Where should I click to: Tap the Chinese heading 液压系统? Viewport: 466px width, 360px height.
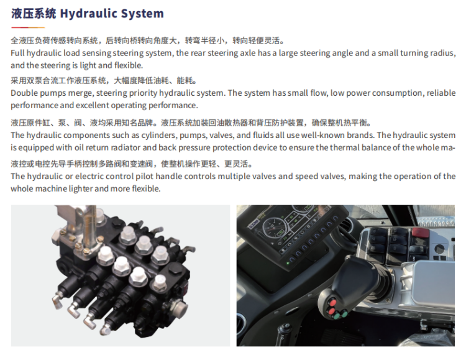coord(34,14)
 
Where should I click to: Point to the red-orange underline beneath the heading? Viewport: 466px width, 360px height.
coord(28,27)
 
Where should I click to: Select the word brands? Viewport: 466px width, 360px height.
coord(360,136)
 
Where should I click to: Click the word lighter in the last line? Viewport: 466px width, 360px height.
coord(81,188)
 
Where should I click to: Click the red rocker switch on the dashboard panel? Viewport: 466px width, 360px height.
coord(420,233)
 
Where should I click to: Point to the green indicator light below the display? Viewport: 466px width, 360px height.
coord(288,263)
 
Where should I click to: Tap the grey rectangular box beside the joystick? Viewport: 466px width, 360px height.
coord(433,283)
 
